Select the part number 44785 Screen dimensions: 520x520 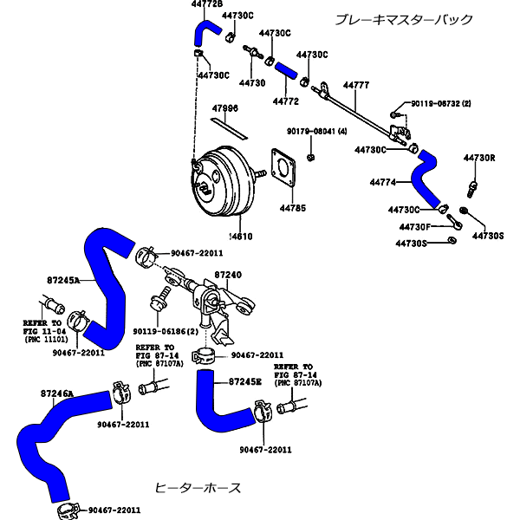292,209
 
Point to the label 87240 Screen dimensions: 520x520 228,274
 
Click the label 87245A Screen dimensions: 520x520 63,281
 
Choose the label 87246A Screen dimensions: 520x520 57,393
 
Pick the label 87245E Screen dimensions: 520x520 245,381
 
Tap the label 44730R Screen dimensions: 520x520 479,158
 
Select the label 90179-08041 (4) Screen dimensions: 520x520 316,131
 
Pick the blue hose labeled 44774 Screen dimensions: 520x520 427,179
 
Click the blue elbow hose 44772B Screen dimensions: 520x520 207,33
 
